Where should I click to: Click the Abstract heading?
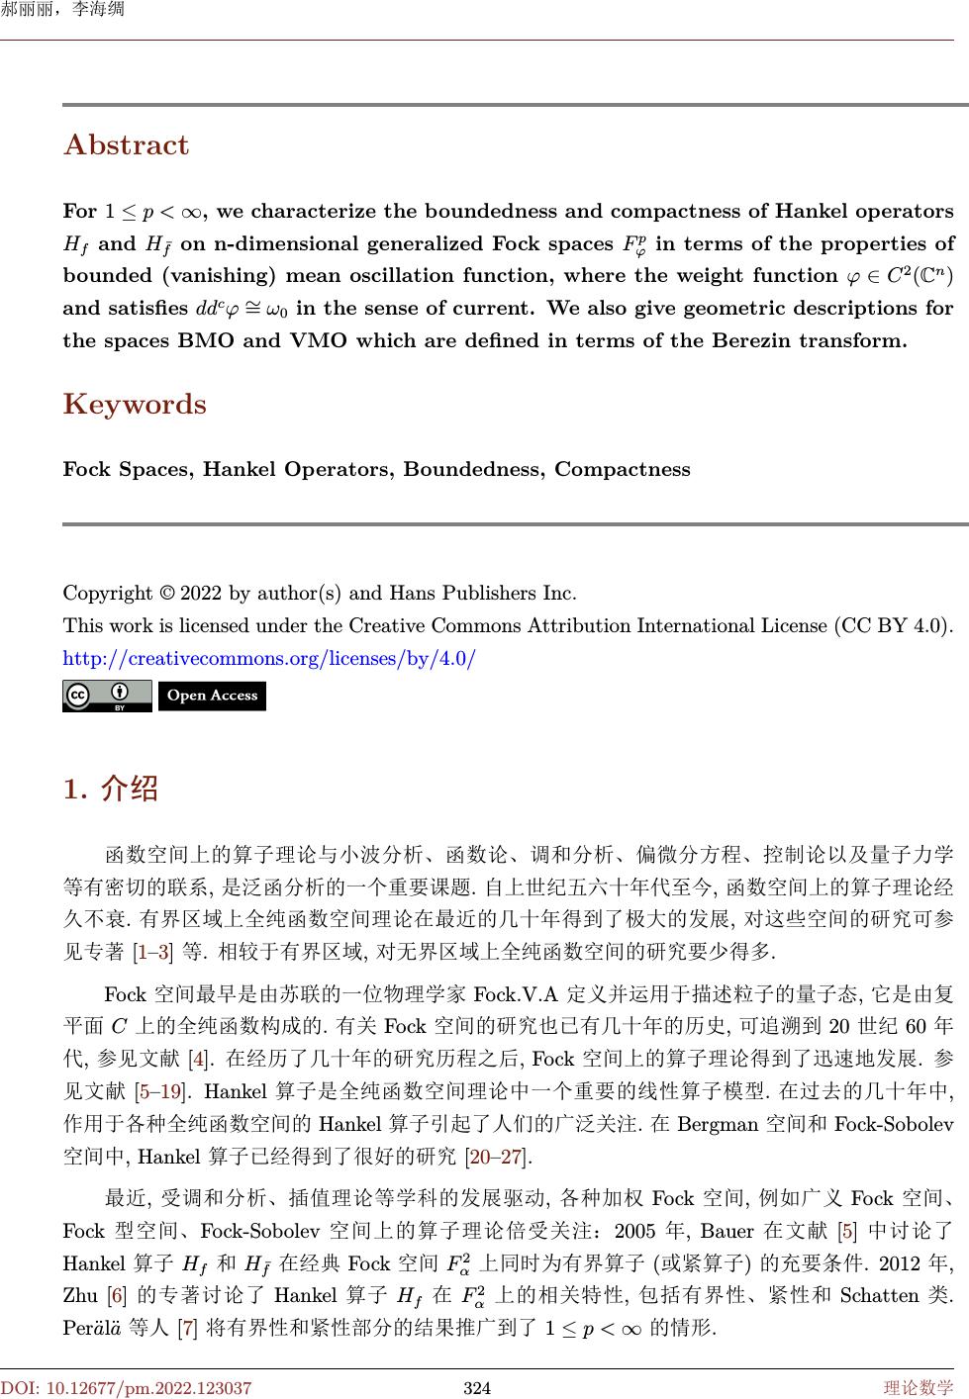(126, 145)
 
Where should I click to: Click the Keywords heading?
(135, 405)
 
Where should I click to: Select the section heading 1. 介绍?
(110, 789)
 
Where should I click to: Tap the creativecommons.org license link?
(269, 658)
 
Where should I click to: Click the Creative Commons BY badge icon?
(107, 696)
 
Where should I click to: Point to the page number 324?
(477, 1388)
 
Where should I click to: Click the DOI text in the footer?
(126, 1388)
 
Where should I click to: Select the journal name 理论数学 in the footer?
(919, 1388)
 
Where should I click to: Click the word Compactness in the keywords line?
(622, 469)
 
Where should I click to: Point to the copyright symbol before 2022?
(167, 594)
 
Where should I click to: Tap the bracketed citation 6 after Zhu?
(116, 1295)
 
